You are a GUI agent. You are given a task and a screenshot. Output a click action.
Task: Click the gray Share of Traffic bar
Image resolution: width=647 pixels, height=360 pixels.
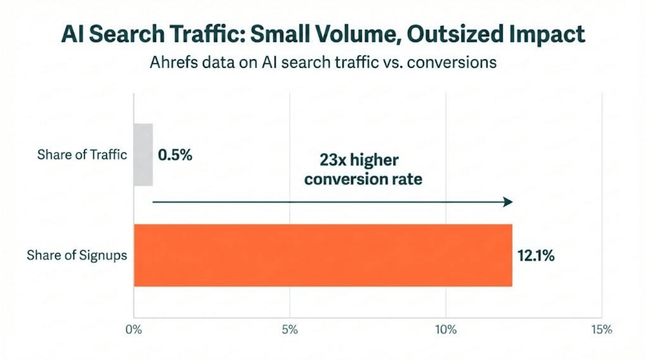(x=143, y=155)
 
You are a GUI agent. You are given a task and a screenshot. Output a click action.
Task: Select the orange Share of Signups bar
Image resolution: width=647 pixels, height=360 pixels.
(x=323, y=255)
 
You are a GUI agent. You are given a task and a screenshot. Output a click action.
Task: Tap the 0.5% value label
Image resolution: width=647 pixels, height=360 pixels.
(x=175, y=155)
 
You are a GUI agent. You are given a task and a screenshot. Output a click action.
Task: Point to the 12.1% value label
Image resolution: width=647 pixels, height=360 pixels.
(x=536, y=256)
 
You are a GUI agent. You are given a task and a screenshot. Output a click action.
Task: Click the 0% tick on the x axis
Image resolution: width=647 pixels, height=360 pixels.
(x=134, y=329)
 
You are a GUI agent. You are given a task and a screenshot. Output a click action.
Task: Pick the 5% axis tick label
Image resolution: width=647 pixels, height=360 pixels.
(x=290, y=329)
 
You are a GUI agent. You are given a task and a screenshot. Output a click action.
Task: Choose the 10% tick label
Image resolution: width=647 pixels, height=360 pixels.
(x=446, y=329)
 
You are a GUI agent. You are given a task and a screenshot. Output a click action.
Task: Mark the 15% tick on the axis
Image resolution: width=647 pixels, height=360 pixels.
(x=602, y=329)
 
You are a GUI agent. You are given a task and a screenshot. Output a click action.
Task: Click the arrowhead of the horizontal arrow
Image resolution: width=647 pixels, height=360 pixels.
(x=508, y=202)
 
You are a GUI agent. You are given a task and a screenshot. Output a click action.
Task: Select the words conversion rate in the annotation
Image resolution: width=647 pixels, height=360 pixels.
(x=363, y=179)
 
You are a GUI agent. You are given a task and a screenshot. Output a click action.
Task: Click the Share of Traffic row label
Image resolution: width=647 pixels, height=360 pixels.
(x=82, y=155)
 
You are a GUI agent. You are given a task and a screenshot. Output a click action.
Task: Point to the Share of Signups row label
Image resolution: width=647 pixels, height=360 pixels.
(x=77, y=255)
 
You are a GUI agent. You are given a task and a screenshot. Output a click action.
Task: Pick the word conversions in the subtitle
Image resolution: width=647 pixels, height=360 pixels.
(x=452, y=62)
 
